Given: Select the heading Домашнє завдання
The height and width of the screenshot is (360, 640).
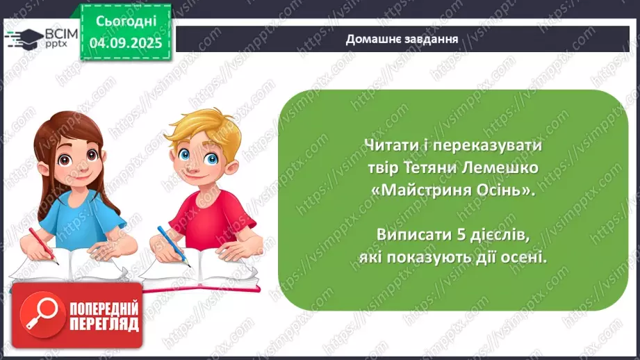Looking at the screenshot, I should click(x=402, y=39).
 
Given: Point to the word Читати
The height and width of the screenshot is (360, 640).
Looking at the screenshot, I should click(x=388, y=146).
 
